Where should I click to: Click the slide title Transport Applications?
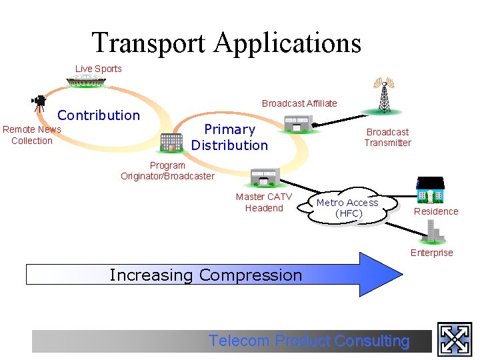click(227, 43)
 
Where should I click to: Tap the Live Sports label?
click(99, 69)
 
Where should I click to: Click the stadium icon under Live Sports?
click(90, 82)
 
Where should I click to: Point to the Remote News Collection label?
click(32, 135)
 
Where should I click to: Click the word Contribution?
click(99, 115)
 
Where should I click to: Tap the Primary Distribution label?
click(229, 137)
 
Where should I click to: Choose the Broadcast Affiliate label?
click(299, 103)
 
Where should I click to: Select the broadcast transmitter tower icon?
click(383, 95)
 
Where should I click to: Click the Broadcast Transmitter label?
click(387, 137)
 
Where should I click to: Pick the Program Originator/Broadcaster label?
click(167, 171)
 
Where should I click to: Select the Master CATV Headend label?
click(264, 202)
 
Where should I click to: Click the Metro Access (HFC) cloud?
click(347, 208)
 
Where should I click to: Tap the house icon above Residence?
click(431, 191)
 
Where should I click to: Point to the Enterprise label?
click(431, 253)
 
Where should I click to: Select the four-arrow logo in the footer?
click(455, 339)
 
